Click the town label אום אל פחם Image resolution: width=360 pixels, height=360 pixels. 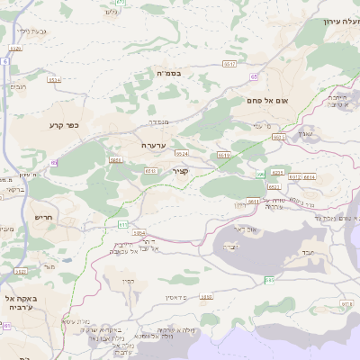coord(268,102)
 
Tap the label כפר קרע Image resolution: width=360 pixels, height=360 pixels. coord(65,125)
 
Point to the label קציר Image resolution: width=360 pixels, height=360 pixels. coord(181,171)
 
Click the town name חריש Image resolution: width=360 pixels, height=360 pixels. coord(44,217)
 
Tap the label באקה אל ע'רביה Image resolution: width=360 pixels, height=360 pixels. coord(19,302)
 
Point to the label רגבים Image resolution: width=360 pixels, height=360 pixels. coord(18,86)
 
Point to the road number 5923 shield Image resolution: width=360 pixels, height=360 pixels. coord(21,271)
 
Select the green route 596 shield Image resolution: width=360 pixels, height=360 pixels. coord(260,175)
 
